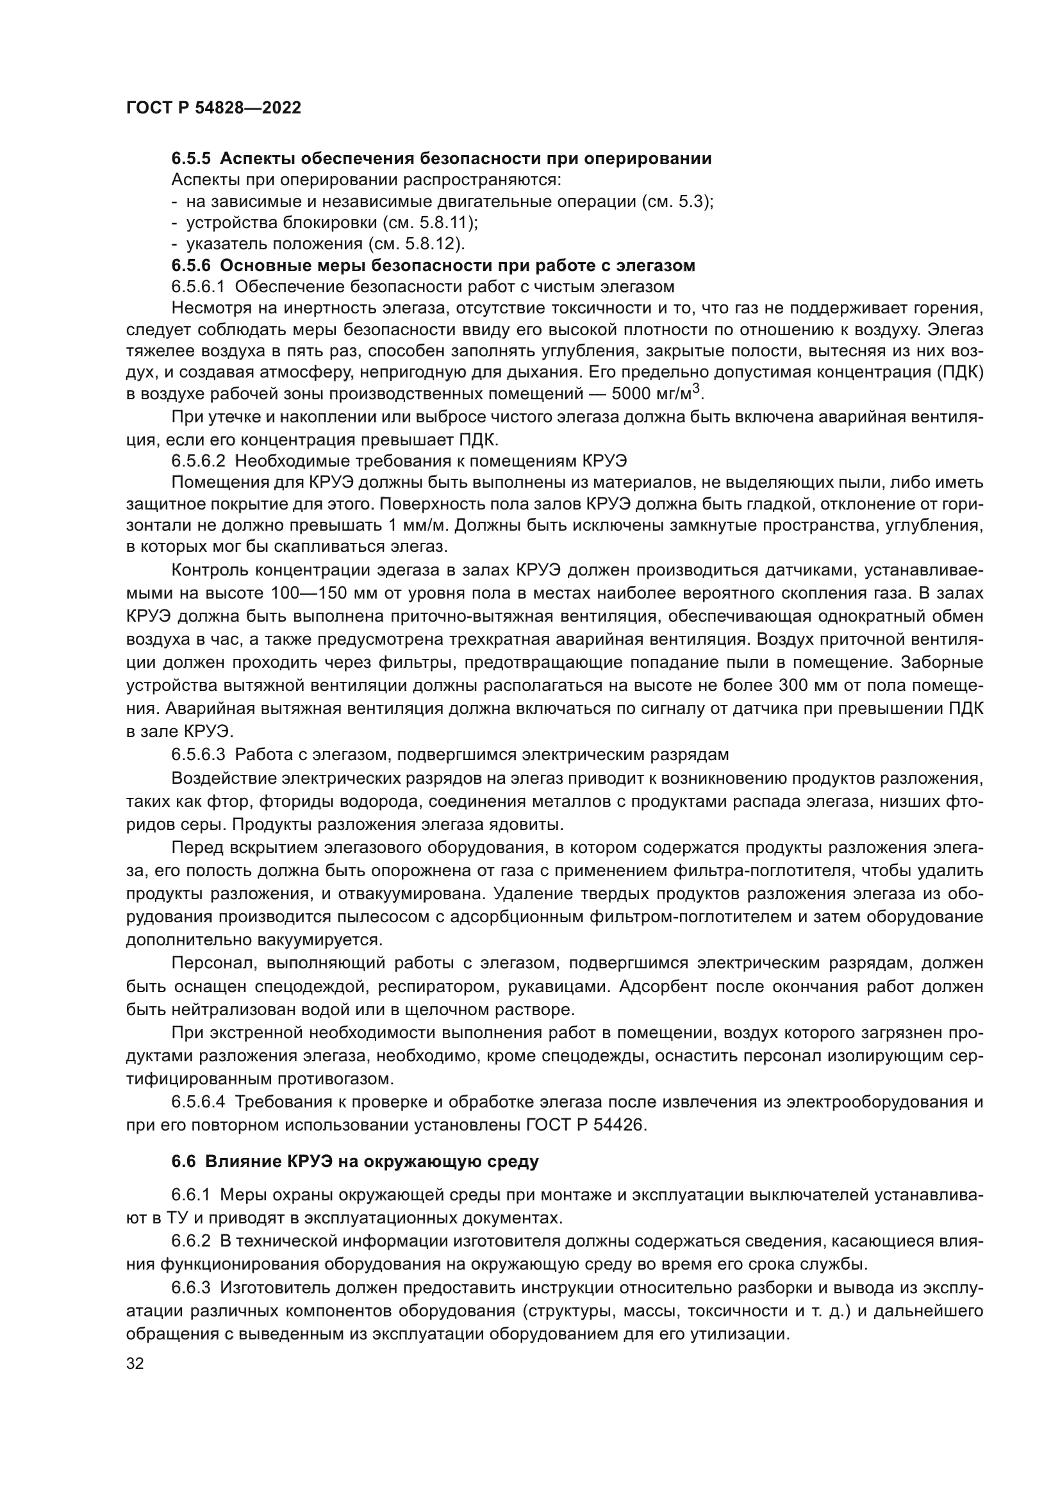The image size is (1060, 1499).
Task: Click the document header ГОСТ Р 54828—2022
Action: pyautogui.click(x=213, y=108)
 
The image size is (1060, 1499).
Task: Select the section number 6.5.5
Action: pyautogui.click(x=190, y=159)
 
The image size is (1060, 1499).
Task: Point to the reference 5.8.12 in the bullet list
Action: pyautogui.click(x=435, y=244)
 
